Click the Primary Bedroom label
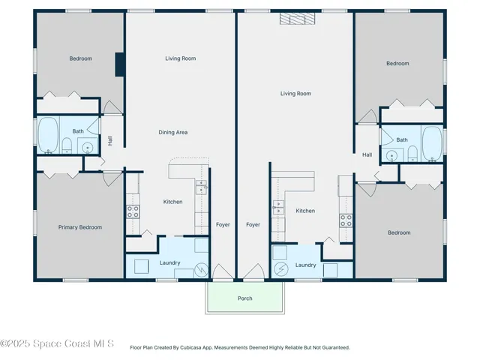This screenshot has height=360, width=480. click(x=80, y=226)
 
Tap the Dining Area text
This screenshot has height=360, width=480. click(x=172, y=132)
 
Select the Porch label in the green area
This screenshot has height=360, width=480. click(x=244, y=298)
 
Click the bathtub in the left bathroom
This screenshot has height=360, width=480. click(x=49, y=135)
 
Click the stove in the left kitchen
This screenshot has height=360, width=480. click(x=133, y=211)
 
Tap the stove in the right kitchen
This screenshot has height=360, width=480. click(x=346, y=220)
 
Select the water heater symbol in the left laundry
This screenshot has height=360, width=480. click(x=201, y=269)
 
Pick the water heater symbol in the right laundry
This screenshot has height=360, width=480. click(x=280, y=268)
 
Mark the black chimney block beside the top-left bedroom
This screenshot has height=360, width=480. click(x=119, y=64)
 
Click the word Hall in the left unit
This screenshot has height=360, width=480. click(x=109, y=139)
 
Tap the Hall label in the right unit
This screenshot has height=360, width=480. click(x=367, y=154)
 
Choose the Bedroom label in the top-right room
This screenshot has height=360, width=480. click(x=397, y=64)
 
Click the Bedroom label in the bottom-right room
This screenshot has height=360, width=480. click(x=399, y=232)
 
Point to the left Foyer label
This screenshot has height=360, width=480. click(x=223, y=224)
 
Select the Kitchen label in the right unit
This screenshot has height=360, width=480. click(x=305, y=211)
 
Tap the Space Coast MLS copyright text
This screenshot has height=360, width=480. click(x=57, y=344)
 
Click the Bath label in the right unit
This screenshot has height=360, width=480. click(x=402, y=139)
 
